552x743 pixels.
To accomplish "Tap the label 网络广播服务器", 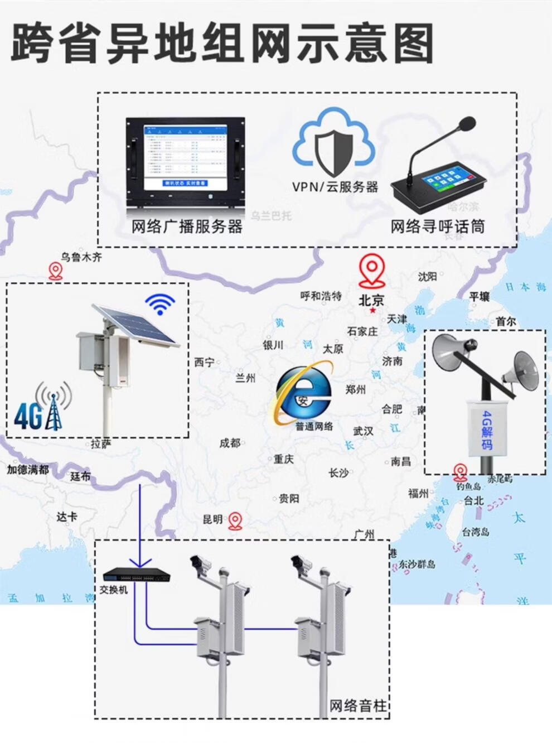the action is coord(187,226).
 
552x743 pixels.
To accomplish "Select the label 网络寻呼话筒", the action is coord(437,226).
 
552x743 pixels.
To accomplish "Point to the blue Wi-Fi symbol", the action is coord(160,305).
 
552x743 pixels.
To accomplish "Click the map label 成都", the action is coord(229,443).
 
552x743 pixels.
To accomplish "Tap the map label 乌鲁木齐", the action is coord(81,258).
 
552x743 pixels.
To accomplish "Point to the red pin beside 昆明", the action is coord(236,522).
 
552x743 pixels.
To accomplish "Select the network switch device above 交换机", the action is coord(137,575).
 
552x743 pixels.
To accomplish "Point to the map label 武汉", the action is coord(363,431).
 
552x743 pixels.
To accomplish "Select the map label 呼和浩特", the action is coord(321,296).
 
